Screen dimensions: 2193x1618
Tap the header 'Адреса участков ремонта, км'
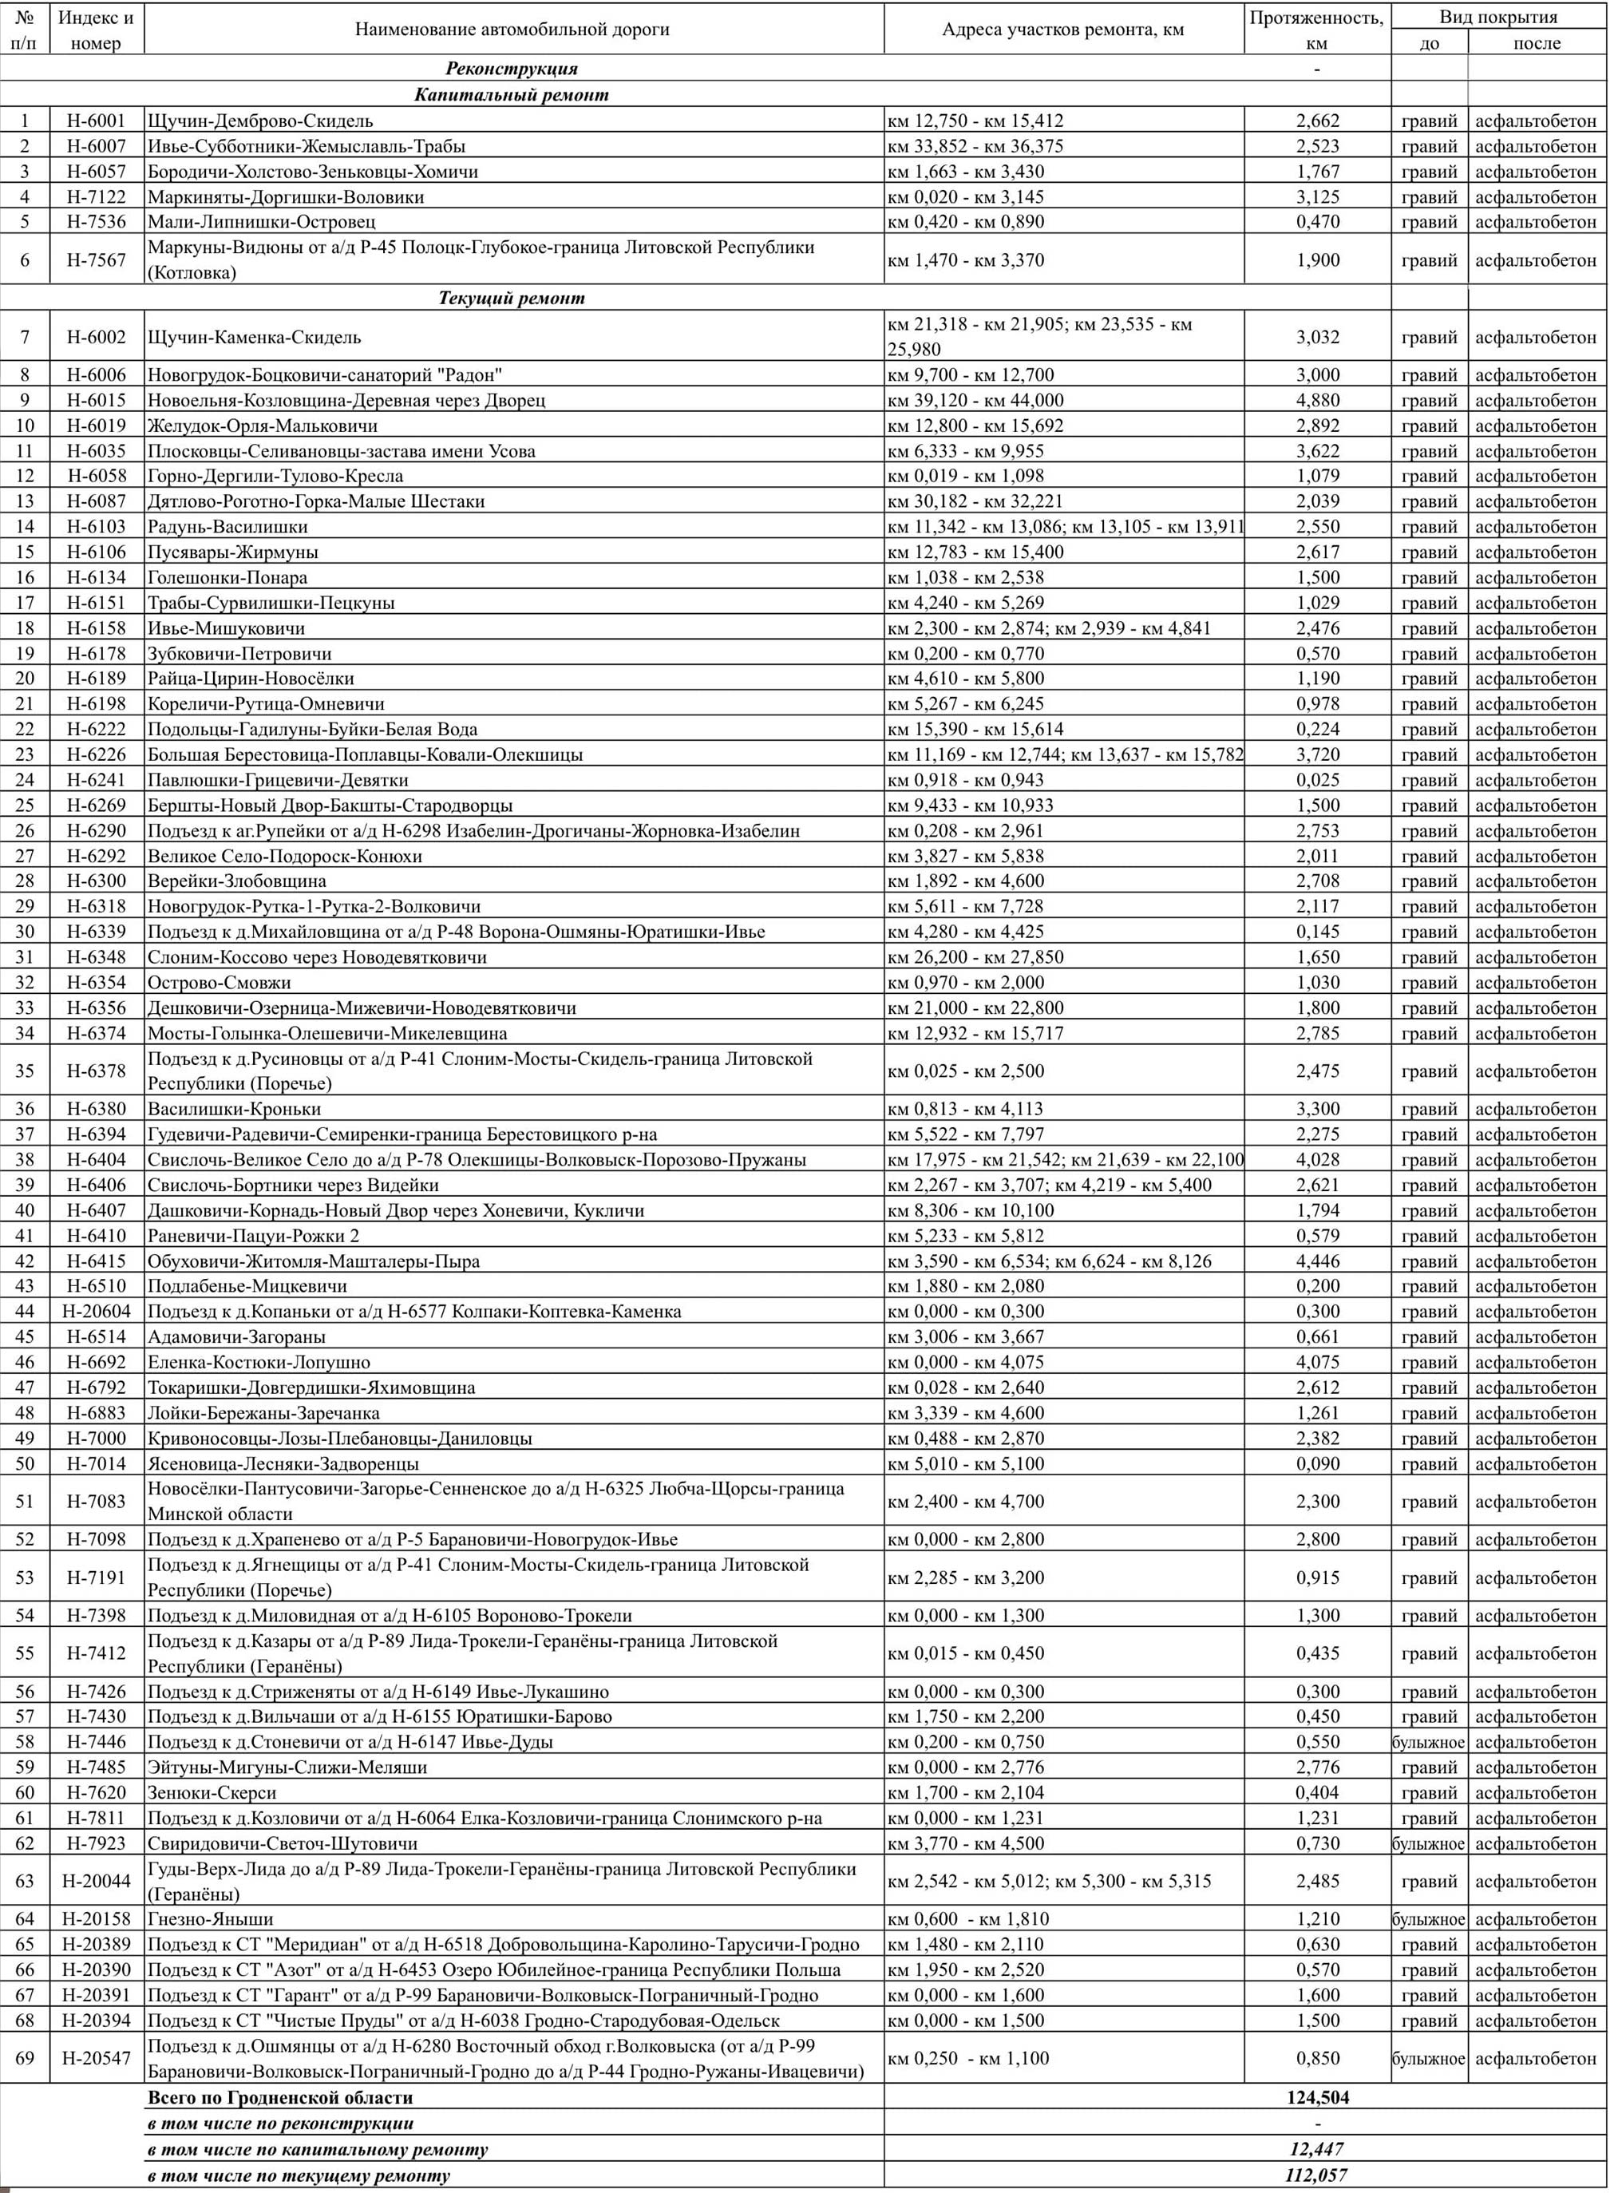(1062, 30)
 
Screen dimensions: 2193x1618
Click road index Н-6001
(96, 121)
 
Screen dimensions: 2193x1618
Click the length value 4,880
(1317, 401)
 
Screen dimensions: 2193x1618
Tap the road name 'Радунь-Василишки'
(227, 527)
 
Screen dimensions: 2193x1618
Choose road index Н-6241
(96, 781)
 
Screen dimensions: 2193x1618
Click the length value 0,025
(1317, 781)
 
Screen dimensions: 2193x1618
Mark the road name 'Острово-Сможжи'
(220, 984)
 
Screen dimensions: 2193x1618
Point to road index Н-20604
(96, 1312)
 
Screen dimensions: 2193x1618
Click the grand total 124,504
(1317, 2098)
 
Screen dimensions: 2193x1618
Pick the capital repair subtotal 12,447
(1317, 2149)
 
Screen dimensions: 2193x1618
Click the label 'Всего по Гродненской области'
(280, 2098)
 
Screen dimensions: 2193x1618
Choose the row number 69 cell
(25, 2059)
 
